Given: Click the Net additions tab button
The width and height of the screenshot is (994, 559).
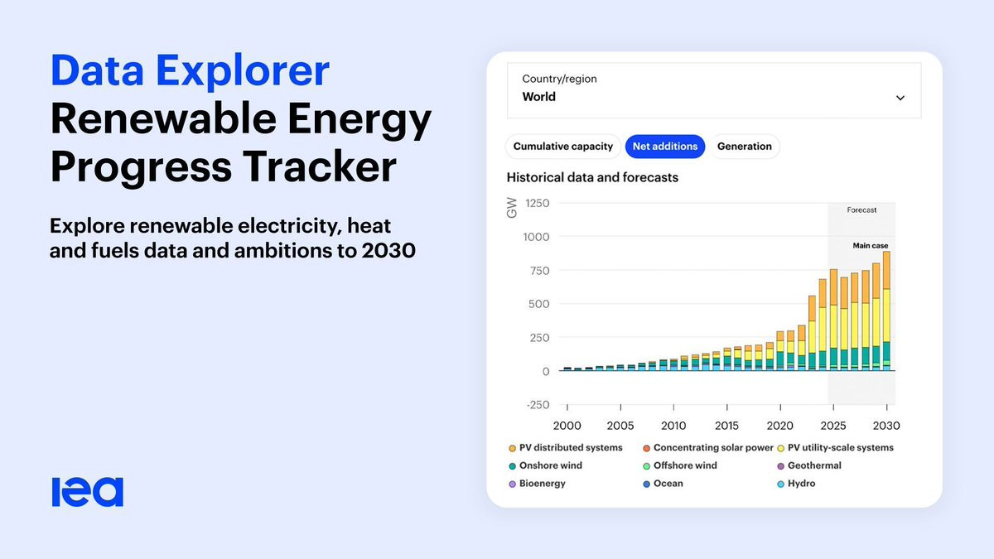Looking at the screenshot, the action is [664, 147].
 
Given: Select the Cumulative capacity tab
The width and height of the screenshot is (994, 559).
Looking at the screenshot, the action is [562, 147].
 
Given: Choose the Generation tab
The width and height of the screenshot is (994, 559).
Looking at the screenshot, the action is [744, 147].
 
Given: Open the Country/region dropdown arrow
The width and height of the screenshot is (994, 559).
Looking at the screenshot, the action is [900, 98].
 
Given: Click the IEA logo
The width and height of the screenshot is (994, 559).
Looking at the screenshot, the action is [88, 492].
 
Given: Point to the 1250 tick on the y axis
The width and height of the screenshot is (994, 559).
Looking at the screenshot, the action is [537, 203].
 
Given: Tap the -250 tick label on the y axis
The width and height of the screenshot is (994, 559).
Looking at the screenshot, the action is [538, 405].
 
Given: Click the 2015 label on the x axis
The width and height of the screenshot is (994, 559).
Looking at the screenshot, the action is [726, 426].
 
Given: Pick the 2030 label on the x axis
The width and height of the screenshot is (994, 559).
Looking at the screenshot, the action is [886, 426].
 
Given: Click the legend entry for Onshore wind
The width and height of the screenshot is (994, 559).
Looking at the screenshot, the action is [545, 465].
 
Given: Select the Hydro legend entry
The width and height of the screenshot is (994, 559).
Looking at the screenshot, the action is [796, 484].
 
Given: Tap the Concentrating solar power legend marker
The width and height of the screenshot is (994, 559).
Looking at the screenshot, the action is [646, 448].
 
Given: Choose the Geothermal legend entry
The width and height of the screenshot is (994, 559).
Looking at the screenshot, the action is [809, 465].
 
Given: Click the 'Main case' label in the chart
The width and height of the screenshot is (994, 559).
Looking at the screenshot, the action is [871, 245].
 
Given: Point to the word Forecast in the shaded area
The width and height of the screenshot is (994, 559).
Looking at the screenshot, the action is [861, 210].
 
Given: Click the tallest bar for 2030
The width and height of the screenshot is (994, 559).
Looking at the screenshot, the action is [886, 311].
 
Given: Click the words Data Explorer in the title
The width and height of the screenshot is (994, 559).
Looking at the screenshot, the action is [190, 71].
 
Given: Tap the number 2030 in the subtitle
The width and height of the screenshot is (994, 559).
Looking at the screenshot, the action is [388, 250].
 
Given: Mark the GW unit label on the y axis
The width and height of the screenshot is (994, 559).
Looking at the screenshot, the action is [512, 208].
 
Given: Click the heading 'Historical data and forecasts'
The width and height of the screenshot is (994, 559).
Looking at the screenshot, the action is [592, 177].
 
